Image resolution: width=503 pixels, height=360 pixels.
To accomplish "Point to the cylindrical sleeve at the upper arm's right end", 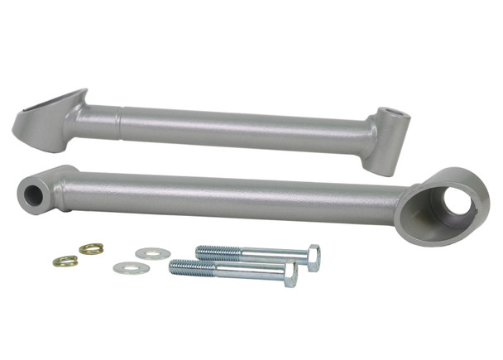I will coord(390,136).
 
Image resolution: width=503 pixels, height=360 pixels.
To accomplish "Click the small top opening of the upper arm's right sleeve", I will coord(395,116).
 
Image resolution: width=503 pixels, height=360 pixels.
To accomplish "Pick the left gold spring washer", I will coord(65,262).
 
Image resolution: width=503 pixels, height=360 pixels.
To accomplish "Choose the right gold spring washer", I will coord(91,248).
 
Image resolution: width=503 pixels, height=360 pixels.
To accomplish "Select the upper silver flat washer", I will coord(151,252).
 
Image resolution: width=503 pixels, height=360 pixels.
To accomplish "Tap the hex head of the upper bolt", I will coord(312,257).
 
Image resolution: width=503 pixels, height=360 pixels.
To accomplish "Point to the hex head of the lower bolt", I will coord(290,275).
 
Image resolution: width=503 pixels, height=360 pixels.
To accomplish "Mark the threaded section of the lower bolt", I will coord(190,267).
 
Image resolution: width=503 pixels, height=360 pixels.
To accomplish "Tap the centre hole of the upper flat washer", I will coord(151,252).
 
